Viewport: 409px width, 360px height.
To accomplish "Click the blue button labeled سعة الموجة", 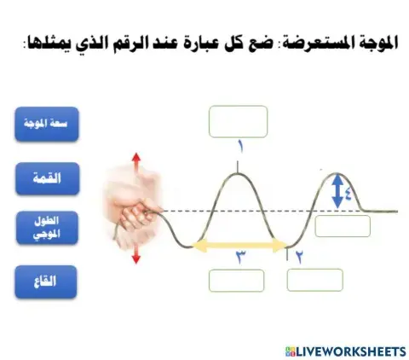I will (x=48, y=124).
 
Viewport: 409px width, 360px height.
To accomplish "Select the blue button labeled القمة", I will (x=48, y=178).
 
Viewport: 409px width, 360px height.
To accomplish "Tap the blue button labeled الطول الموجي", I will (x=48, y=229).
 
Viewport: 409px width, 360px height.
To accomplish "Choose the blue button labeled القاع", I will (x=48, y=282).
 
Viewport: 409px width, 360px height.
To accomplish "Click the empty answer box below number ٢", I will (x=314, y=280).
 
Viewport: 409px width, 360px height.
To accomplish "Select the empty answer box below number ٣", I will (x=237, y=280).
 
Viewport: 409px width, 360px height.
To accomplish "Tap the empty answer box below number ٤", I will (x=343, y=226).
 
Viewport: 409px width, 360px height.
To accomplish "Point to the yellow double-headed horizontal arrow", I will (x=239, y=246).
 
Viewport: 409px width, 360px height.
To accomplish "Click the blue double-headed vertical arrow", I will (x=337, y=191).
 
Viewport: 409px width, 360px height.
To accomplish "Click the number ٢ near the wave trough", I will (x=299, y=255).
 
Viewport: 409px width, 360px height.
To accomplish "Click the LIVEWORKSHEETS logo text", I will (x=349, y=350).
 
